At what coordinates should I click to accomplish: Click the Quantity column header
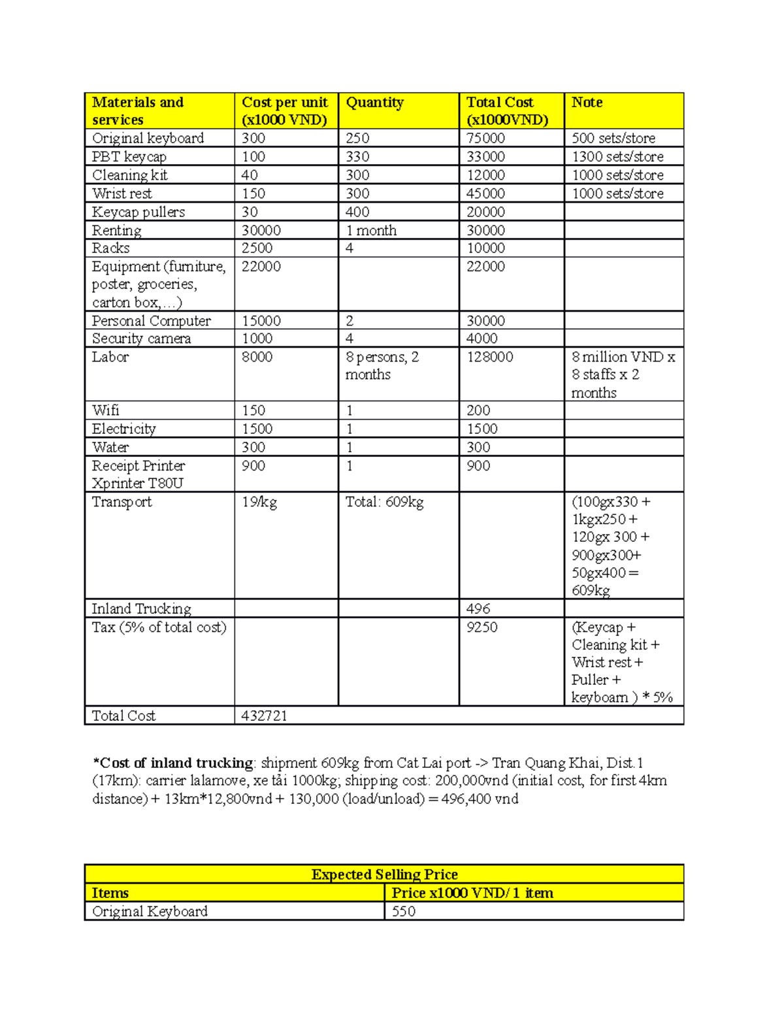pyautogui.click(x=374, y=103)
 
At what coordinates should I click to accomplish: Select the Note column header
pyautogui.click(x=587, y=103)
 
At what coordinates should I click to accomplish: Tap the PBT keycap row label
pyautogui.click(x=129, y=157)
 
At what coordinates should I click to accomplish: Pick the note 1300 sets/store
pyautogui.click(x=617, y=157)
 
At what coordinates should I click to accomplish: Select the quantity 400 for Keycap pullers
pyautogui.click(x=357, y=212)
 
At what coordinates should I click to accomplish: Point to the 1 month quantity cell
pyautogui.click(x=371, y=230)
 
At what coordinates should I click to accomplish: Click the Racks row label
pyautogui.click(x=110, y=248)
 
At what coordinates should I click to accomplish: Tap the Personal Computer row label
pyautogui.click(x=151, y=321)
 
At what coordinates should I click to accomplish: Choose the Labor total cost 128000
pyautogui.click(x=490, y=357)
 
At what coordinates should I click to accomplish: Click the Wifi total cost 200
pyautogui.click(x=478, y=410)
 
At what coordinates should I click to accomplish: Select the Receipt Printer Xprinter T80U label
pyautogui.click(x=138, y=474)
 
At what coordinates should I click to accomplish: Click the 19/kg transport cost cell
pyautogui.click(x=259, y=502)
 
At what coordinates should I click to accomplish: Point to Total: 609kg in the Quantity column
pyautogui.click(x=384, y=502)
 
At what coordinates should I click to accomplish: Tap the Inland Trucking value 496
pyautogui.click(x=478, y=608)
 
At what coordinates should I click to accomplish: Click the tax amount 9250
pyautogui.click(x=482, y=627)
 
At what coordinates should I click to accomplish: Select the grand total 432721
pyautogui.click(x=265, y=716)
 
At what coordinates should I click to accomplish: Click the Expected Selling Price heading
pyautogui.click(x=384, y=874)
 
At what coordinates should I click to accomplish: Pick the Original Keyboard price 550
pyautogui.click(x=404, y=911)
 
